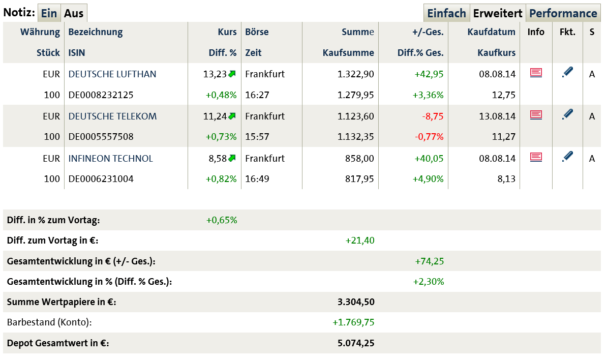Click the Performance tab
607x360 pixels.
[563, 13]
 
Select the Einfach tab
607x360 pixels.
[446, 13]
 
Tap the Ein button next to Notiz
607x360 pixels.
[49, 13]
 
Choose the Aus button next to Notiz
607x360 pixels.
[74, 13]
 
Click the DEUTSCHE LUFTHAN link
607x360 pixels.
[112, 74]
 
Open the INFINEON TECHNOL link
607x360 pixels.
[110, 159]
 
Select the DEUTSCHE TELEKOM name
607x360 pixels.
[112, 116]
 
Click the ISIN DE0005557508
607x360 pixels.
[101, 137]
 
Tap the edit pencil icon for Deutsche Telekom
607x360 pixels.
[567, 115]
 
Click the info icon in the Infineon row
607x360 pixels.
[536, 157]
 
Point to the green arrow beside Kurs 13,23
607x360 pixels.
[232, 74]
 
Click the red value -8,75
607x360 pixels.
[433, 116]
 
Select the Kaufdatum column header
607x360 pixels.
[492, 32]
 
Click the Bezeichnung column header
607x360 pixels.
[96, 32]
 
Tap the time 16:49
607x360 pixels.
[257, 179]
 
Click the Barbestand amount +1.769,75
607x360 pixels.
[353, 322]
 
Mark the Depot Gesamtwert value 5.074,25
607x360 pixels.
[356, 343]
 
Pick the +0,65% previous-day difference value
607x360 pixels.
[222, 220]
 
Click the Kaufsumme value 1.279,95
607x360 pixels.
[355, 95]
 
